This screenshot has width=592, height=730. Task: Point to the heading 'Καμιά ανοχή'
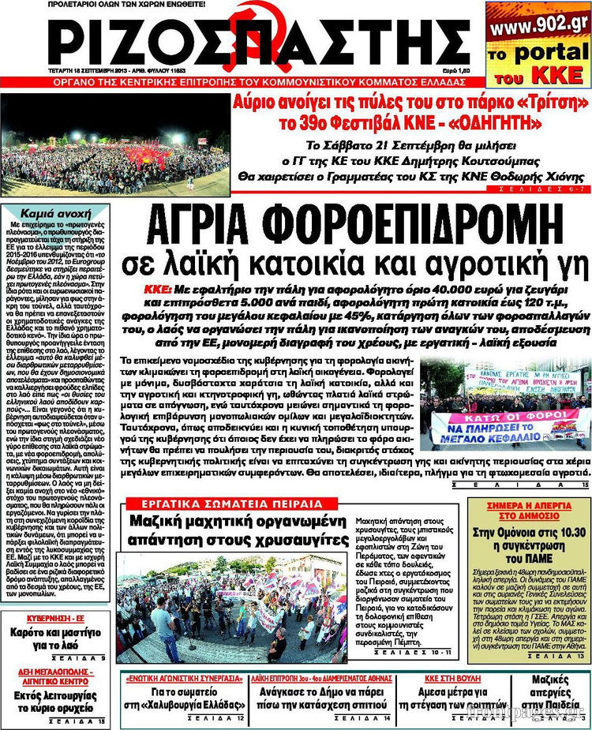54,214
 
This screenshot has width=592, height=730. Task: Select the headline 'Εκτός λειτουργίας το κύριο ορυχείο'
54,701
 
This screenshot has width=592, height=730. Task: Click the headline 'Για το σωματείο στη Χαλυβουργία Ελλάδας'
185,699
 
